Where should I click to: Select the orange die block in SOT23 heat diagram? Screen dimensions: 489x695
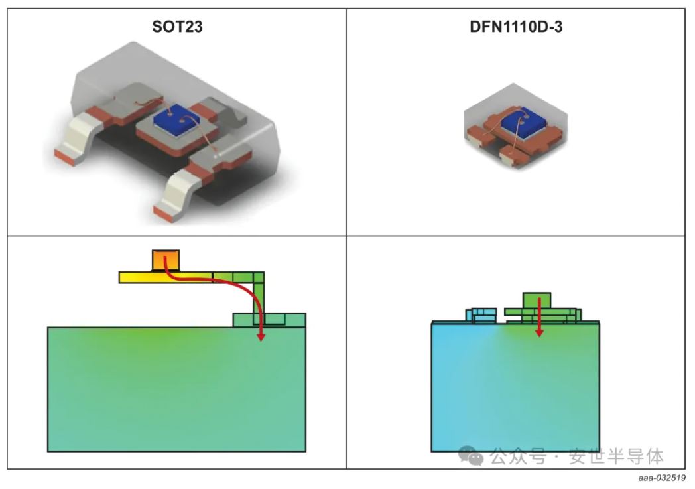pos(165,260)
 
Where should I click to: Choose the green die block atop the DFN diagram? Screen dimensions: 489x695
pos(538,300)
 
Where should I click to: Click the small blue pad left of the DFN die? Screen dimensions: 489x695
pos(481,315)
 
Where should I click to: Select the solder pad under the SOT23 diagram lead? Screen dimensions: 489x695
pos(269,320)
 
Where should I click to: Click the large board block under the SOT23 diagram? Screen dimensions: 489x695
pos(176,391)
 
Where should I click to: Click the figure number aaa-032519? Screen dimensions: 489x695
pos(661,478)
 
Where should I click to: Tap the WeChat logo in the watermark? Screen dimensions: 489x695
pos(474,456)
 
